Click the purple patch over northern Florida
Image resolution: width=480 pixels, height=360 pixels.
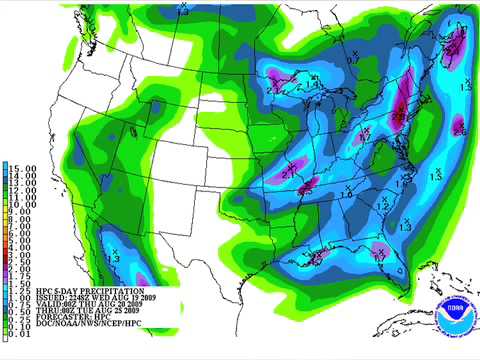tap(379, 249)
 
